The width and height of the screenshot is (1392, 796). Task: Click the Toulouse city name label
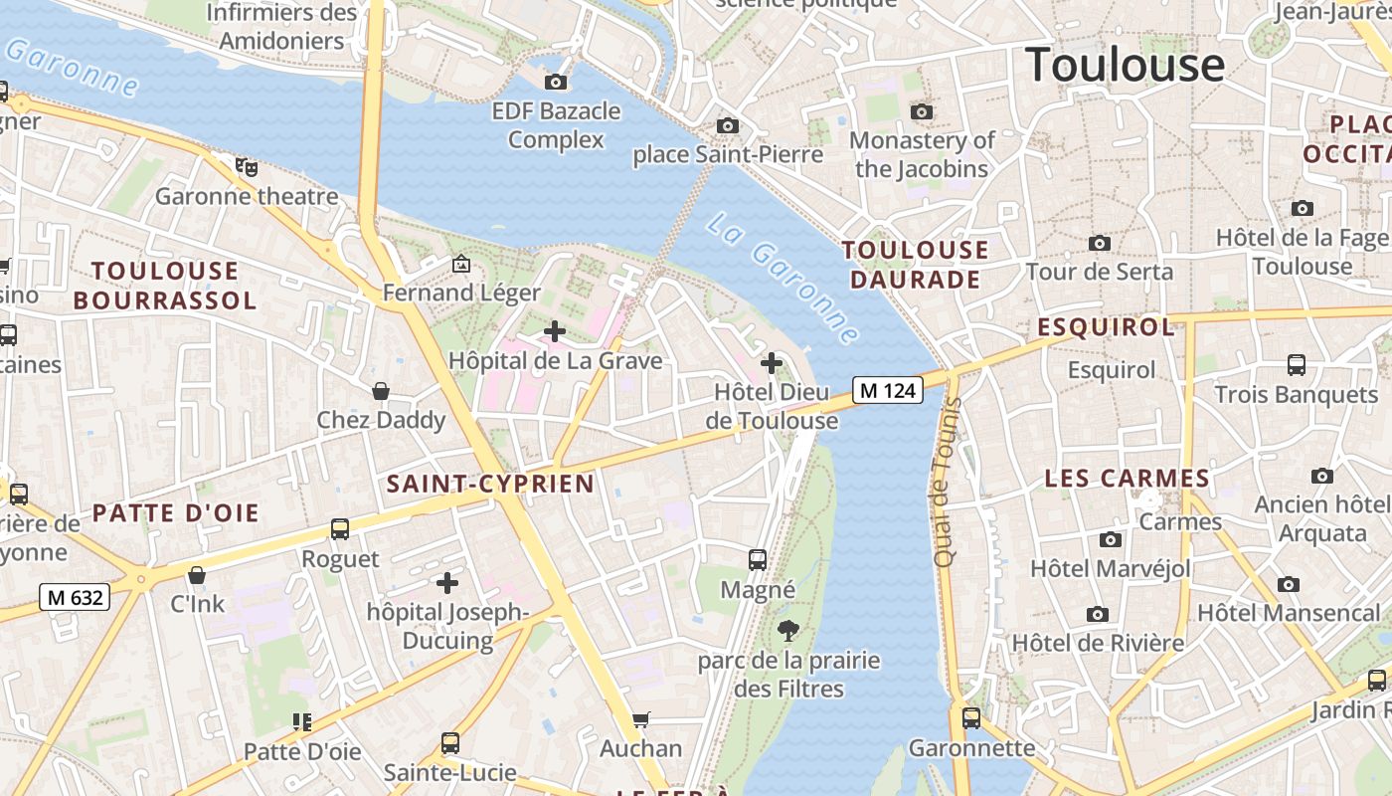pos(1125,65)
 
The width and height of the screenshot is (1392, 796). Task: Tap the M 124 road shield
pos(887,390)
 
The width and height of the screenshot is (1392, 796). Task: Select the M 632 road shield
pos(75,597)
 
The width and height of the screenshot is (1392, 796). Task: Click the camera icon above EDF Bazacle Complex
pos(556,82)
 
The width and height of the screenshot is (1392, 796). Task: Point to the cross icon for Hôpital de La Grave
pos(555,330)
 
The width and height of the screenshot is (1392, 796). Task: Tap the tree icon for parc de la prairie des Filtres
pos(787,629)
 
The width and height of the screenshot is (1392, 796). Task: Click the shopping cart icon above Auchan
pos(641,718)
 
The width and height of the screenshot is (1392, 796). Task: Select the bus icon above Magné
pos(758,560)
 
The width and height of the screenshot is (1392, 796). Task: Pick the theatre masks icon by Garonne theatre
pos(246,166)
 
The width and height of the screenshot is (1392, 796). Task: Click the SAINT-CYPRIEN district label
pos(490,485)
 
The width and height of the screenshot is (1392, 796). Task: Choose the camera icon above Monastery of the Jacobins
pos(922,111)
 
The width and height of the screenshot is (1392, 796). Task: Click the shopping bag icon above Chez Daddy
pos(380,391)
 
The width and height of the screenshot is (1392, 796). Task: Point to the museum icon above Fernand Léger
pos(461,264)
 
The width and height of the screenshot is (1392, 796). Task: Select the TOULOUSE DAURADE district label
pos(916,265)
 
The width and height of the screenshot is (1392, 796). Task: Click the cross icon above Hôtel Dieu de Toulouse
pos(771,363)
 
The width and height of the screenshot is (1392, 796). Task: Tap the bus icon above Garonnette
pos(971,717)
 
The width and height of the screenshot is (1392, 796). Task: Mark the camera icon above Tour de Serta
pos(1099,243)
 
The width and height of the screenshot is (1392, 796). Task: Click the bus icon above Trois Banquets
pos(1296,365)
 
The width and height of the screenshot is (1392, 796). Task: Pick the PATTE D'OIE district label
pos(176,513)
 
